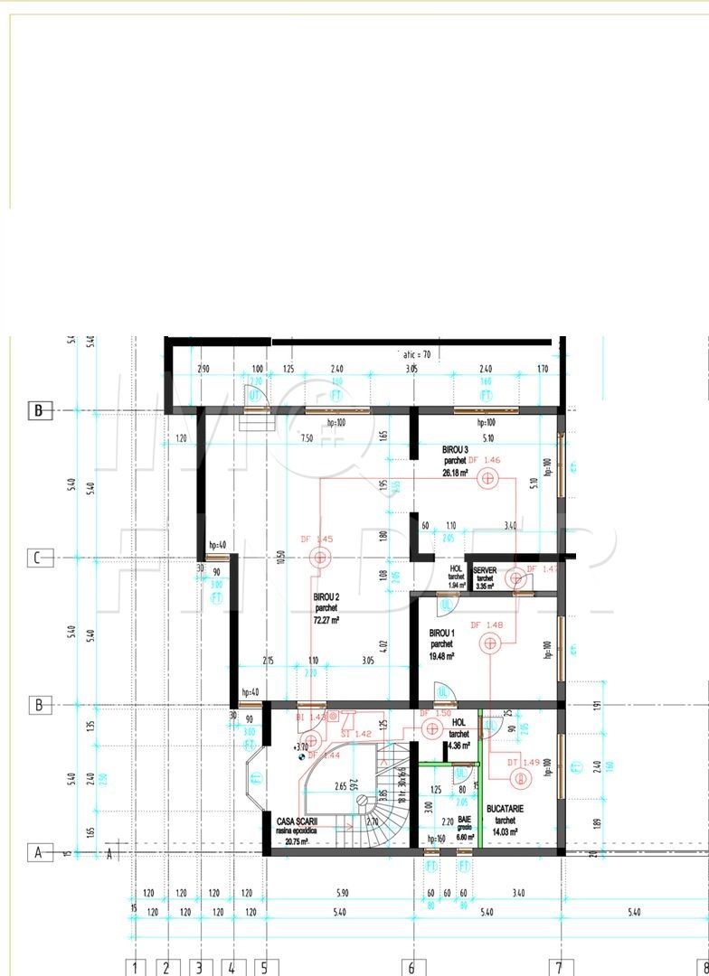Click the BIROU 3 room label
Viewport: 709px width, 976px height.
455,449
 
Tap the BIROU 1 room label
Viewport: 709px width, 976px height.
441,633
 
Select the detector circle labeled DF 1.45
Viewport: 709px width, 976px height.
319,558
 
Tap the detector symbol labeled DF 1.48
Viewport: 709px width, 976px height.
490,643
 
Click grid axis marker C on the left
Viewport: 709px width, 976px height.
38,558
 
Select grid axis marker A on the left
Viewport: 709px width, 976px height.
38,852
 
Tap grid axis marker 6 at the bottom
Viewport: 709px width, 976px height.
411,967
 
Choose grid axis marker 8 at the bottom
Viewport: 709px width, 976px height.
704,967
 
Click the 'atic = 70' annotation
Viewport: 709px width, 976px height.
416,355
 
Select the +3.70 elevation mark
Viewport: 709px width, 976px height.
302,747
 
